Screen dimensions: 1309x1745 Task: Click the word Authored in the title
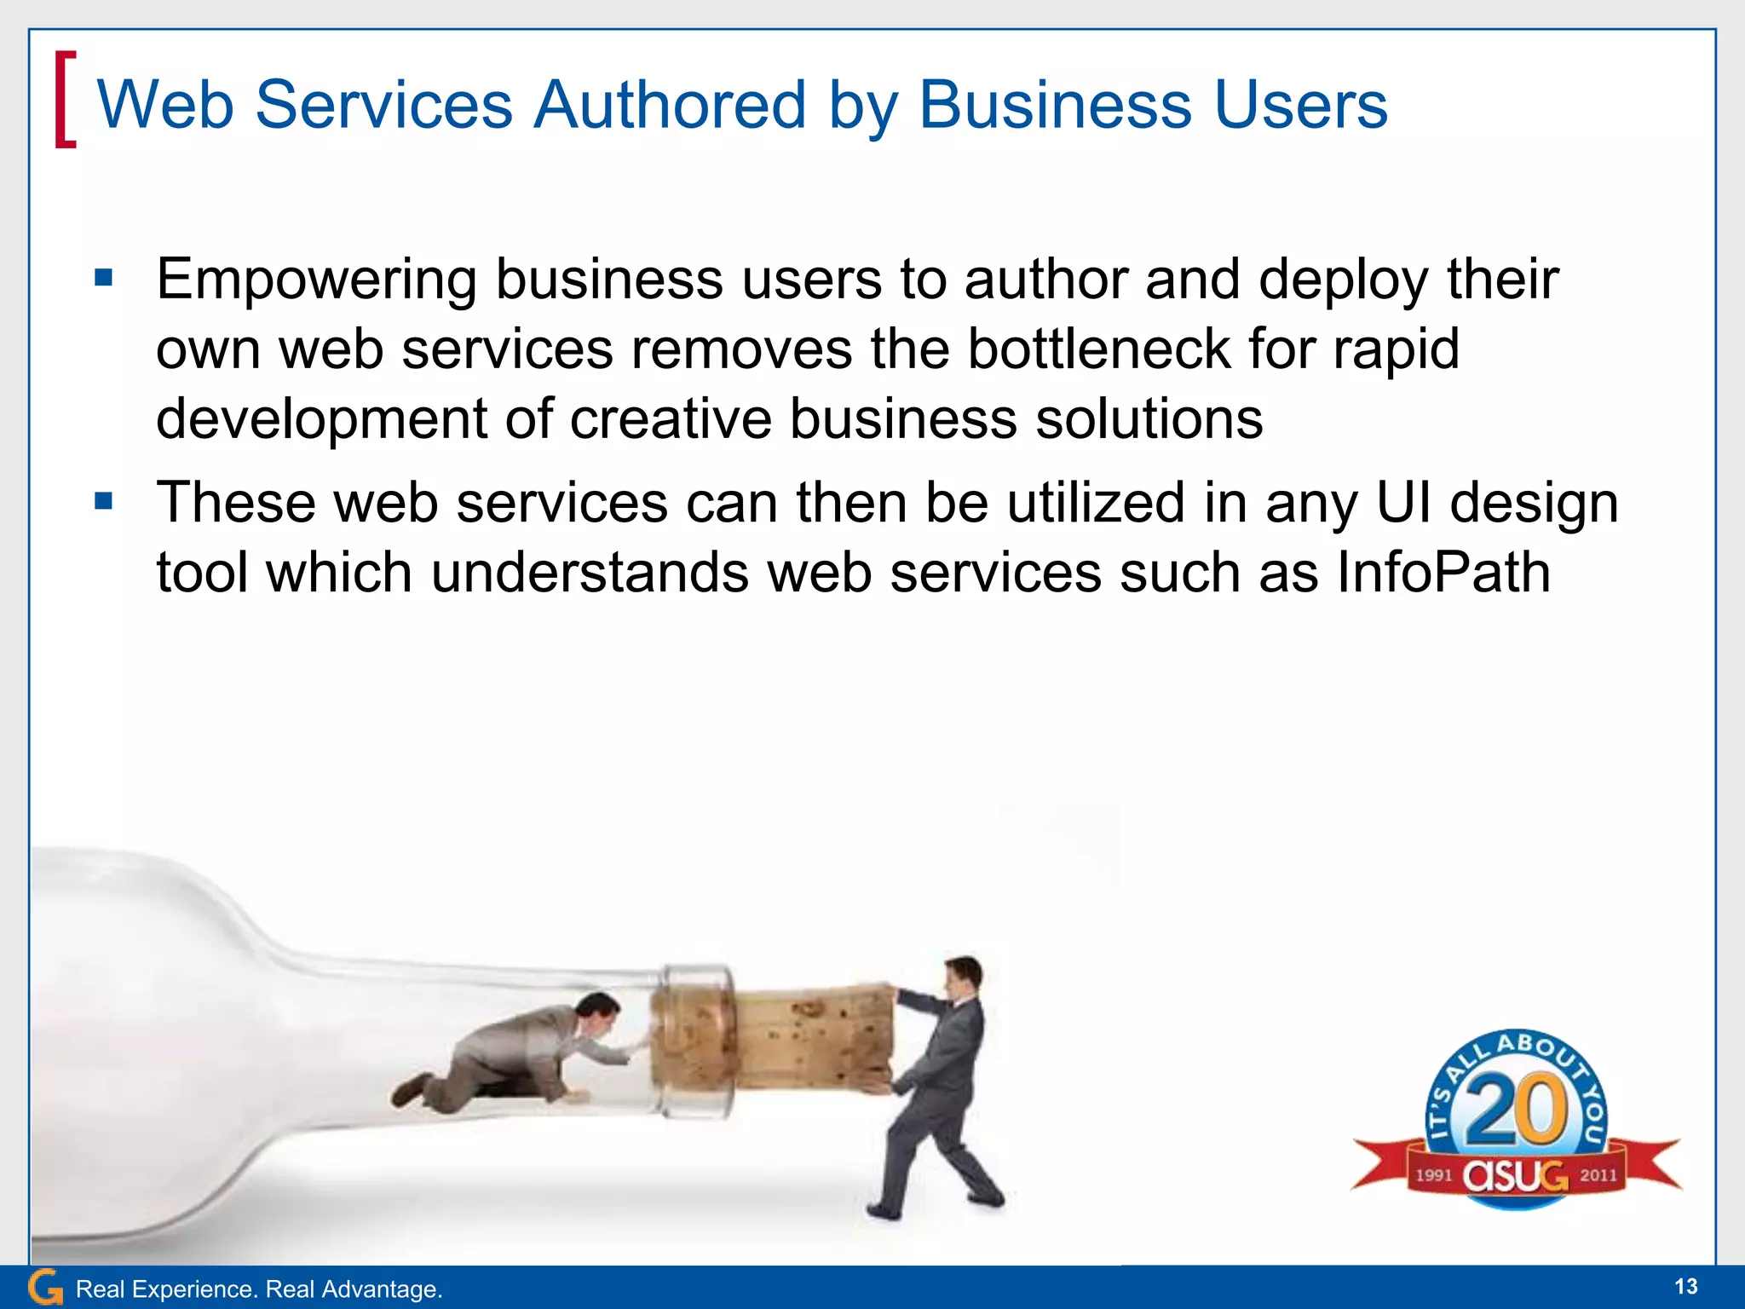coord(669,105)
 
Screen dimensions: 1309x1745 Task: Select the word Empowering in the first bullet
coord(316,281)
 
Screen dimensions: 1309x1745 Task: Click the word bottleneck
coord(1098,349)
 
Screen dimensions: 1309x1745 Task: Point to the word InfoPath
coord(1443,572)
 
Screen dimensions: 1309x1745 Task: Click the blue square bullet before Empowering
coord(104,278)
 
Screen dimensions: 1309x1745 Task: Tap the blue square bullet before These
coord(104,500)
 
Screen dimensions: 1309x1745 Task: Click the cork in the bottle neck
coord(801,1040)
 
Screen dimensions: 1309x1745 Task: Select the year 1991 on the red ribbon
coord(1434,1175)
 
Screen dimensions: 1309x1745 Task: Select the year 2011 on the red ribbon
coord(1598,1175)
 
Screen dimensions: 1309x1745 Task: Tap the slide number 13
coord(1685,1287)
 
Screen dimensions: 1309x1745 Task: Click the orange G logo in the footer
coord(45,1287)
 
